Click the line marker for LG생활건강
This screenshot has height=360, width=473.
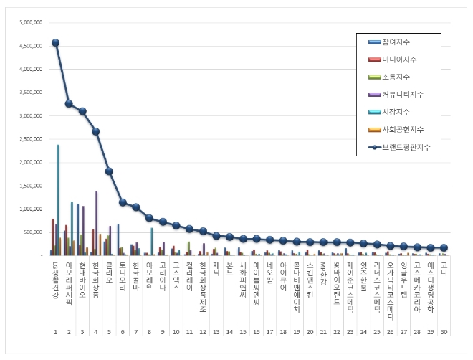coord(55,42)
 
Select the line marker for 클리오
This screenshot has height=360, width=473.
coord(109,171)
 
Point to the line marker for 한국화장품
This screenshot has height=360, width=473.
coord(95,131)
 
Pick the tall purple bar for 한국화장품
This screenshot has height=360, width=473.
coord(96,222)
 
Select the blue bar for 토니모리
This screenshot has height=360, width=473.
coord(118,239)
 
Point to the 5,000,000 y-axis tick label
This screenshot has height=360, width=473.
coord(31,23)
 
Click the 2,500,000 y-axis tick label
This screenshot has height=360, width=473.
coord(31,139)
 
